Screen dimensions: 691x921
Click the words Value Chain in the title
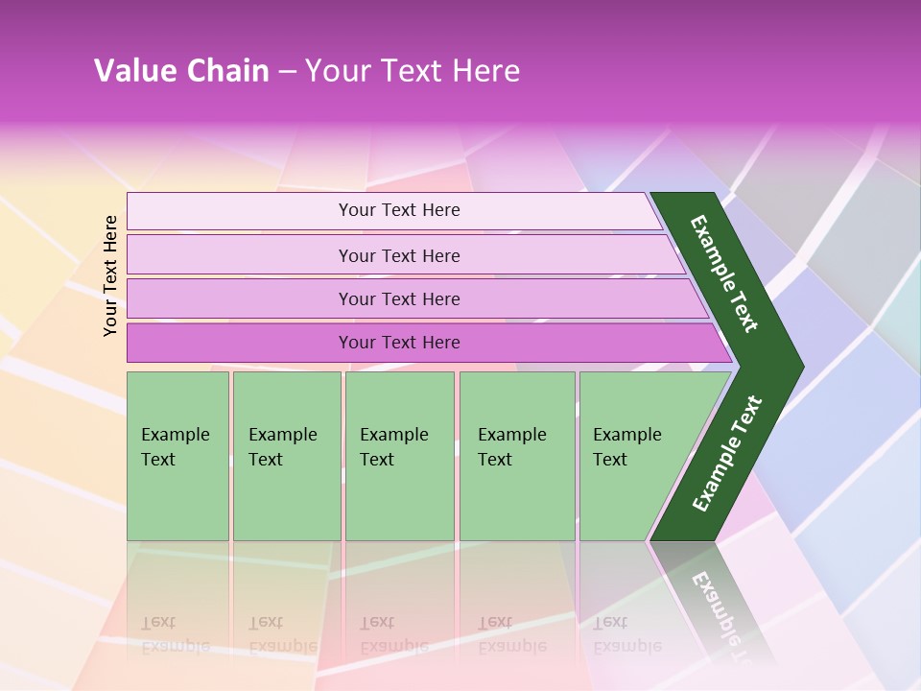pos(181,70)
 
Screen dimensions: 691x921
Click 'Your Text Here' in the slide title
pos(413,70)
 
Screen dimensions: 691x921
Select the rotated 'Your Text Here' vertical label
pos(111,276)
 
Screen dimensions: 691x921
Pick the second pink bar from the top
pos(399,255)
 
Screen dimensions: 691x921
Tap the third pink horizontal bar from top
pos(399,298)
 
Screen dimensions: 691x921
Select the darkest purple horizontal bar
pos(399,343)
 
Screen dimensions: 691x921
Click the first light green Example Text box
pos(177,456)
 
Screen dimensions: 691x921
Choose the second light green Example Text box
pos(286,456)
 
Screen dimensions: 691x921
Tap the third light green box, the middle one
pos(399,456)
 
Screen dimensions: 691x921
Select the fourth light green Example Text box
pos(516,456)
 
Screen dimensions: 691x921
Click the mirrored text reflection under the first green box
pos(175,634)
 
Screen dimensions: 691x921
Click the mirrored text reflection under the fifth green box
pos(626,634)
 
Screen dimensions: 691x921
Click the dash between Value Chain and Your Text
pos(287,71)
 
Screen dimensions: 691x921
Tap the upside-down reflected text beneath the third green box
pos(393,634)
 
